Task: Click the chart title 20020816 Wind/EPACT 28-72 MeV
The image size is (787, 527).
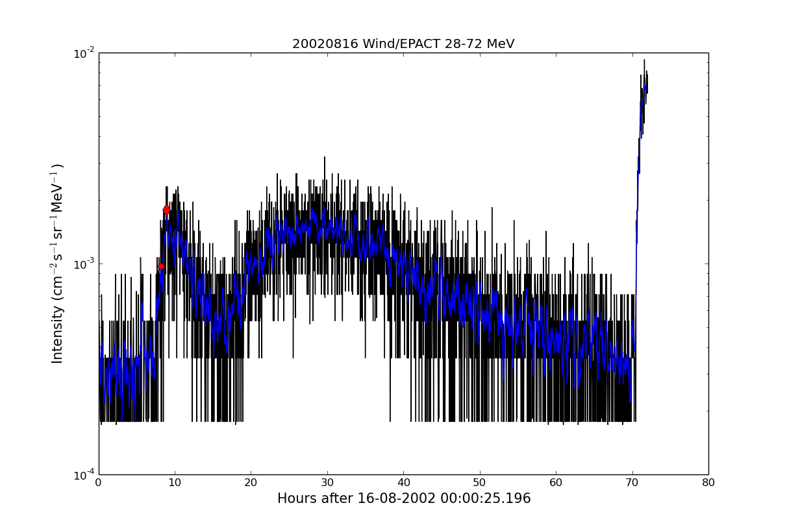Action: pos(403,44)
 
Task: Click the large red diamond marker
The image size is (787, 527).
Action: pos(166,210)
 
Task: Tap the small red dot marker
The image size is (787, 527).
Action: pos(161,266)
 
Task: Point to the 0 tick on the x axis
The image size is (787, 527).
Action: pos(99,482)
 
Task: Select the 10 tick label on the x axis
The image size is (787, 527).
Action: pos(175,482)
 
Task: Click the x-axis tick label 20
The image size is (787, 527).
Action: pos(251,482)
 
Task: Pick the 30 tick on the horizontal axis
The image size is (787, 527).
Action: pos(327,482)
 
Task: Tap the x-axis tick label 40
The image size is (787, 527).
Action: pos(403,482)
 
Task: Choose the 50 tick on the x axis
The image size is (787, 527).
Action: pos(480,482)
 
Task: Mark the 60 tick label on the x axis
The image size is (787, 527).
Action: pos(556,482)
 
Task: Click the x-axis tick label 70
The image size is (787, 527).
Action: pos(632,482)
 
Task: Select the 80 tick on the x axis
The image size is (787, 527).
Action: pos(708,482)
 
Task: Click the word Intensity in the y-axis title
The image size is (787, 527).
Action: pos(58,334)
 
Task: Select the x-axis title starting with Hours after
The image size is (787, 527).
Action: pos(403,498)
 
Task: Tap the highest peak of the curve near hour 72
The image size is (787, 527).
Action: pos(644,60)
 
